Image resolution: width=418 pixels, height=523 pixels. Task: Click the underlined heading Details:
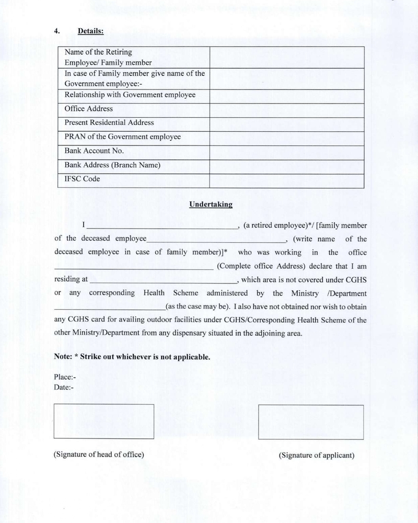point(91,31)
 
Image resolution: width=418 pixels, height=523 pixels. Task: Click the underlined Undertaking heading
point(211,205)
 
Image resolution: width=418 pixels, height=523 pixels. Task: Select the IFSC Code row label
point(82,179)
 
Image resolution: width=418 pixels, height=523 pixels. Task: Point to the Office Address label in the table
point(88,109)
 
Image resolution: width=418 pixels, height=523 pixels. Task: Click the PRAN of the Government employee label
point(122,137)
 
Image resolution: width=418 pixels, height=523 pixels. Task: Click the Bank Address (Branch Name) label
point(112,165)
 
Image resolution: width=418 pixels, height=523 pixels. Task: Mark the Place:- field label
point(65,377)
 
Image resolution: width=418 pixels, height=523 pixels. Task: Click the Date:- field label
point(64,387)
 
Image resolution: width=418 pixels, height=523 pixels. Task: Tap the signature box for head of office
point(103,421)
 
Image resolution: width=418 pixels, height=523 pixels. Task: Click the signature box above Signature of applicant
point(311,422)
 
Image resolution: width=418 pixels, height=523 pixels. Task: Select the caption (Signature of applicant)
point(317,455)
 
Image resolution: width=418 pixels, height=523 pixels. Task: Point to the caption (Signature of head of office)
point(99,454)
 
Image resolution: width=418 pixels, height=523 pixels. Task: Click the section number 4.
point(57,31)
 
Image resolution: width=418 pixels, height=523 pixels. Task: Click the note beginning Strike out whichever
point(132,357)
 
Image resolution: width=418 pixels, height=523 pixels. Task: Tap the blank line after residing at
point(164,280)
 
